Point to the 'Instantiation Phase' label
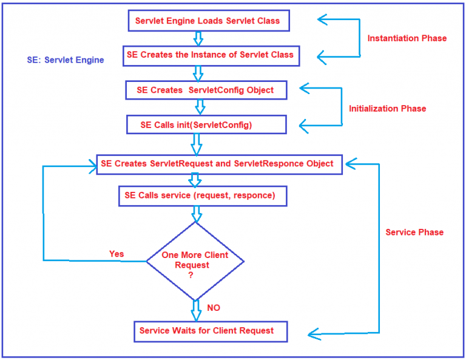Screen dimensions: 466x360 pyautogui.click(x=407, y=38)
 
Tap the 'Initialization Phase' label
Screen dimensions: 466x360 pyautogui.click(x=387, y=109)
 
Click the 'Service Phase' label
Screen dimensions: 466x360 pyautogui.click(x=414, y=232)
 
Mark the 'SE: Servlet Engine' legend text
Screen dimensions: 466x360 pyautogui.click(x=66, y=60)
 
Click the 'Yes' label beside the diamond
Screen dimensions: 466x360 pyautogui.click(x=116, y=254)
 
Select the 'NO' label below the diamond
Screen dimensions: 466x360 pyautogui.click(x=214, y=308)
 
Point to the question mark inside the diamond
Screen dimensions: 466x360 pyautogui.click(x=191, y=275)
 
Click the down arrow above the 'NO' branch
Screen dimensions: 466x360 pyautogui.click(x=196, y=311)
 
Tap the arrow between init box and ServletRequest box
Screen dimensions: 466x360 pyautogui.click(x=197, y=144)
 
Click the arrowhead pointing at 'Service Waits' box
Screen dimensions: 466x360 pyautogui.click(x=314, y=334)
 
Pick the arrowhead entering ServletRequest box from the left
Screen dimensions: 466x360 pyautogui.click(x=93, y=166)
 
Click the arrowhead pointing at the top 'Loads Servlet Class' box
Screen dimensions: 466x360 pyautogui.click(x=322, y=19)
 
